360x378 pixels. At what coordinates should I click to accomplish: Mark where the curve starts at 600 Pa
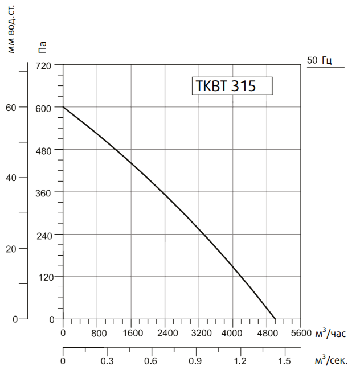[x=63, y=107]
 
